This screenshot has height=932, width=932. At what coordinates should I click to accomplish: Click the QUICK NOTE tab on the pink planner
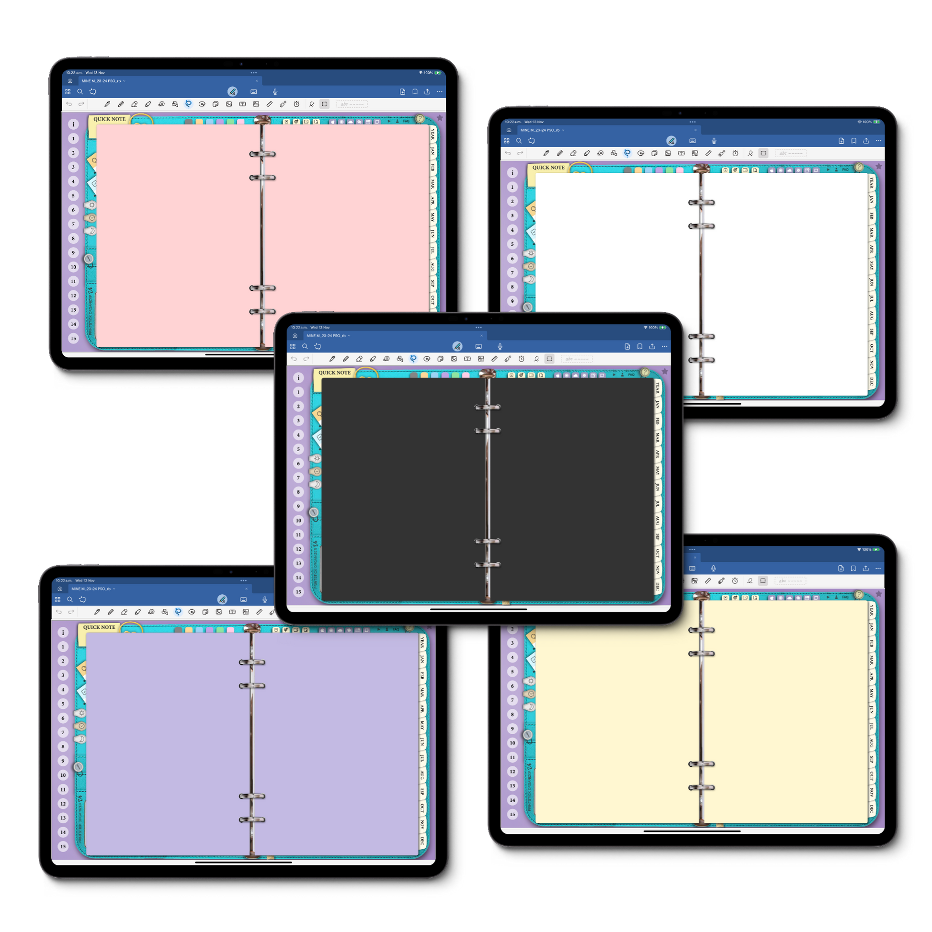click(x=110, y=119)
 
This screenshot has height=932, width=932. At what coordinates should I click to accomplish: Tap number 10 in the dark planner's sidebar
click(x=298, y=521)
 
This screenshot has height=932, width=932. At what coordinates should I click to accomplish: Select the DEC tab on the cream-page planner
click(x=871, y=808)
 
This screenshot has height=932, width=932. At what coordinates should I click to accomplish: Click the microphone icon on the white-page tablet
click(x=714, y=141)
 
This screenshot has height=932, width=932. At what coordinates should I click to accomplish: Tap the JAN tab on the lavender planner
click(x=422, y=659)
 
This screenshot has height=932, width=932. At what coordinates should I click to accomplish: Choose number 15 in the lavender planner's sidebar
click(x=63, y=846)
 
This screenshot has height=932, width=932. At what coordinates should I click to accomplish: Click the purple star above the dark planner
click(x=665, y=372)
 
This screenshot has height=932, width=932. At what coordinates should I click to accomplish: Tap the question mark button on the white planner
click(x=859, y=167)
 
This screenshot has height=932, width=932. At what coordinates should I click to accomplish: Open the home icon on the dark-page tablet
click(x=295, y=336)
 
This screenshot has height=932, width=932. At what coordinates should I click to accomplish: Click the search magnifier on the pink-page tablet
click(x=80, y=91)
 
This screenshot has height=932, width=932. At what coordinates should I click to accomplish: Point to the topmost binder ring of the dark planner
click(x=488, y=408)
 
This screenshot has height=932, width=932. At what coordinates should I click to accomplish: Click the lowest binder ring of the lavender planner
click(x=252, y=819)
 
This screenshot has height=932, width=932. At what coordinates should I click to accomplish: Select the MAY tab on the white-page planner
click(x=871, y=265)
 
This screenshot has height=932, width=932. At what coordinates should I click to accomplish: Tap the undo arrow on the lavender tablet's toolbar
click(x=59, y=612)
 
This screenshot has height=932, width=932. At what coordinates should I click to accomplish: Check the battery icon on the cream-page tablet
click(x=876, y=549)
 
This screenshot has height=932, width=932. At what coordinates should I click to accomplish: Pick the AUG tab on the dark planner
click(x=657, y=520)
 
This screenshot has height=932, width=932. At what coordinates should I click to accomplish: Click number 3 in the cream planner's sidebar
click(x=512, y=643)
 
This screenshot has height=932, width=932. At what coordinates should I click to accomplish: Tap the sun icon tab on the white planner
click(x=531, y=253)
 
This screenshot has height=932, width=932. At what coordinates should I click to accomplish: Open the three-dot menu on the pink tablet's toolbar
click(x=440, y=91)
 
